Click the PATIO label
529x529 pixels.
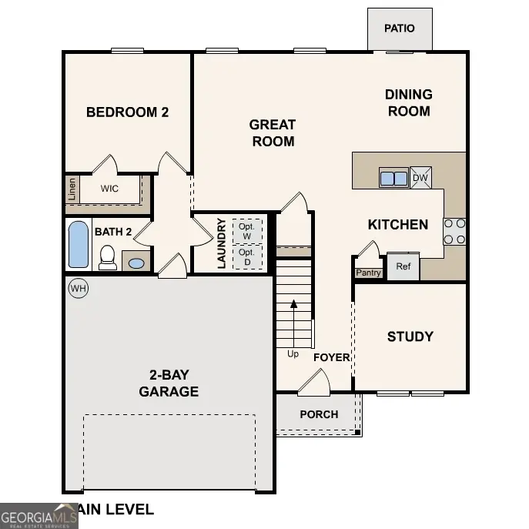click(x=399, y=28)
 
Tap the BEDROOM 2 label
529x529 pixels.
click(x=127, y=112)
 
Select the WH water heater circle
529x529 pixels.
click(x=78, y=289)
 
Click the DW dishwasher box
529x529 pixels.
click(x=420, y=178)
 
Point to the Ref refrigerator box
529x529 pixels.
click(x=403, y=266)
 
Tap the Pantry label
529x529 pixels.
click(x=368, y=273)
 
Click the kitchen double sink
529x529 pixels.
click(x=393, y=178)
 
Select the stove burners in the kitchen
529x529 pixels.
click(x=454, y=231)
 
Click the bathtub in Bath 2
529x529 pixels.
click(x=79, y=244)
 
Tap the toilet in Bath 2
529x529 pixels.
click(x=108, y=257)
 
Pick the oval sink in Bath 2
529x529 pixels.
click(x=136, y=263)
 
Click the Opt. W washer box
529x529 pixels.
click(x=246, y=231)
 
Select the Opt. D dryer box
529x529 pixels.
click(x=246, y=256)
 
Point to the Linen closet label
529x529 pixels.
click(x=72, y=189)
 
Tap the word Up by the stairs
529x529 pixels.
click(x=293, y=354)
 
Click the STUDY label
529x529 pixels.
click(x=410, y=336)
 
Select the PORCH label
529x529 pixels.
click(x=319, y=414)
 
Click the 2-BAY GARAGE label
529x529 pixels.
click(x=169, y=383)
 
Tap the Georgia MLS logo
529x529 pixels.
click(x=39, y=516)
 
